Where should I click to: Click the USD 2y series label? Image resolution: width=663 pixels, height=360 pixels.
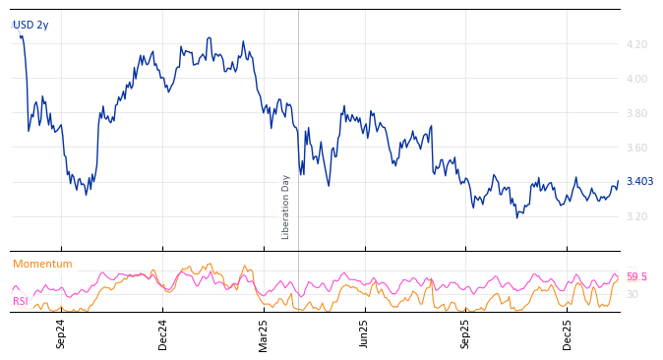tap(30, 26)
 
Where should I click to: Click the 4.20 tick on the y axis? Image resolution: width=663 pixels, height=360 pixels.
tap(636, 44)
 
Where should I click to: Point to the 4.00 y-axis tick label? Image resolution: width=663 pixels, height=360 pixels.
tap(636, 79)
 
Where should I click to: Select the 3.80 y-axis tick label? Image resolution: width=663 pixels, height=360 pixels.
tap(636, 113)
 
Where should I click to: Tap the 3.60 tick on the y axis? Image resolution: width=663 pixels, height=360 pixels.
tap(636, 148)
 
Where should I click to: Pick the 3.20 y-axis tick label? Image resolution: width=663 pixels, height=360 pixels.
tap(636, 216)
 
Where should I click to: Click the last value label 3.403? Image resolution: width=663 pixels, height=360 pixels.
tap(639, 181)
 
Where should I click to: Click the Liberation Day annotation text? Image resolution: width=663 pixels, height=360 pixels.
tap(286, 207)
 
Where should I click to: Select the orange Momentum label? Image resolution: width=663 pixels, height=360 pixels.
tap(42, 265)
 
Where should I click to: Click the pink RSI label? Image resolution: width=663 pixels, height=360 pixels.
tap(21, 301)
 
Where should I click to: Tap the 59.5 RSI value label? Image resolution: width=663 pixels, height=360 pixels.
tap(637, 277)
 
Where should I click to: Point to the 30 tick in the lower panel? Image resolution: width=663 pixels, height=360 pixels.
tap(633, 294)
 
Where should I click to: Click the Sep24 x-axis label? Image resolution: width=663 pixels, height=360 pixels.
tap(61, 334)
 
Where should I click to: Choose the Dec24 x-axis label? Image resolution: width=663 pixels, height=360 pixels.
tap(163, 334)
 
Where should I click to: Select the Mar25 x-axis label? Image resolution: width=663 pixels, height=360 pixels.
tap(264, 334)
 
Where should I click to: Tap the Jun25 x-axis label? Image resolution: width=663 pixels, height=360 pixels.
tap(365, 334)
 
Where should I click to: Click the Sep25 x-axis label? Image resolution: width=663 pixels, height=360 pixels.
tap(466, 334)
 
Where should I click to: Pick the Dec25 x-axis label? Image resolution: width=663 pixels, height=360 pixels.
tap(568, 334)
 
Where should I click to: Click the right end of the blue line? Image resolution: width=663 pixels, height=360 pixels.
tap(618, 182)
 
